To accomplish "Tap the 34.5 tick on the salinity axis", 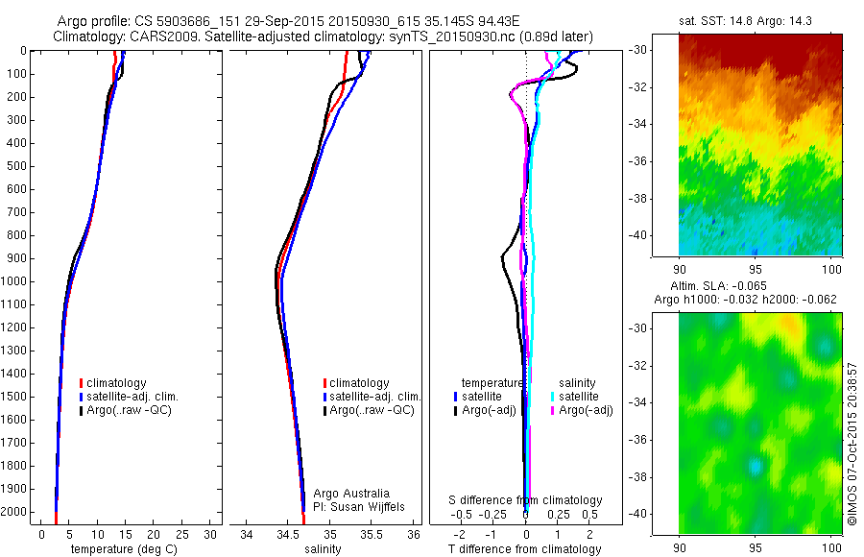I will pos(288,533).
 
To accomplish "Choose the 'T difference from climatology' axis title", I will pos(526,549).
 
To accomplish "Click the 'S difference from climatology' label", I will pos(526,500).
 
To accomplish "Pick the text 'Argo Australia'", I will pos(351,494).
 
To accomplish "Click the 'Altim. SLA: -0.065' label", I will pos(745,286).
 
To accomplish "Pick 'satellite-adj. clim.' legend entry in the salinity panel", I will pos(370,397).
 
